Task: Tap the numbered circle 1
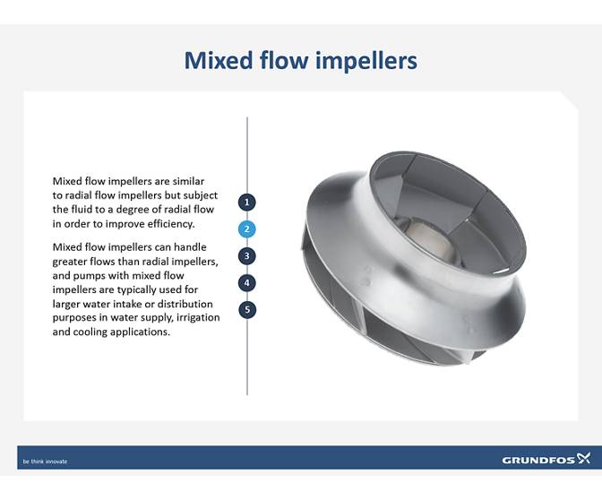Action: pyautogui.click(x=247, y=203)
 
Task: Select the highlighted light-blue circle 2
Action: pyautogui.click(x=247, y=228)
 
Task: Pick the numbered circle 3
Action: pyautogui.click(x=247, y=255)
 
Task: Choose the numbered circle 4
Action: pyautogui.click(x=247, y=282)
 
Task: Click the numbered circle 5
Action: pyautogui.click(x=247, y=309)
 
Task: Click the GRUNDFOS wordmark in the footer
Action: pyautogui.click(x=537, y=460)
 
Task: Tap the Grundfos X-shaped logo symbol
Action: pyautogui.click(x=584, y=458)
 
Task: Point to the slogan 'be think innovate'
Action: pyautogui.click(x=45, y=461)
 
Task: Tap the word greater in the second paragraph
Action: pyautogui.click(x=72, y=262)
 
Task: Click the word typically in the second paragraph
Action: pyautogui.click(x=123, y=289)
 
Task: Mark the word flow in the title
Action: pyautogui.click(x=279, y=60)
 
